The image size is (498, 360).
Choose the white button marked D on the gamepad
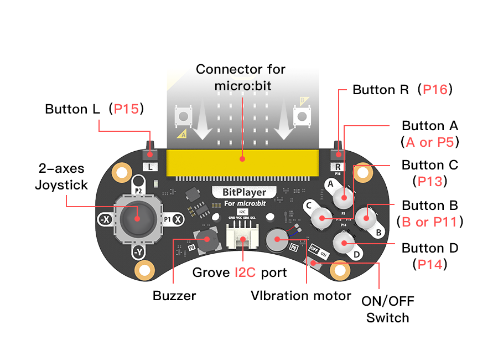pos(343,242)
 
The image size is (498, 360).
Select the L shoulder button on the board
pos(151,152)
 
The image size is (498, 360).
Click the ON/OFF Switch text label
pos(387,310)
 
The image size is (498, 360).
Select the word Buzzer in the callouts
pos(174,296)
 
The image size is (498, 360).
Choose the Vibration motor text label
pos(300,296)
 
